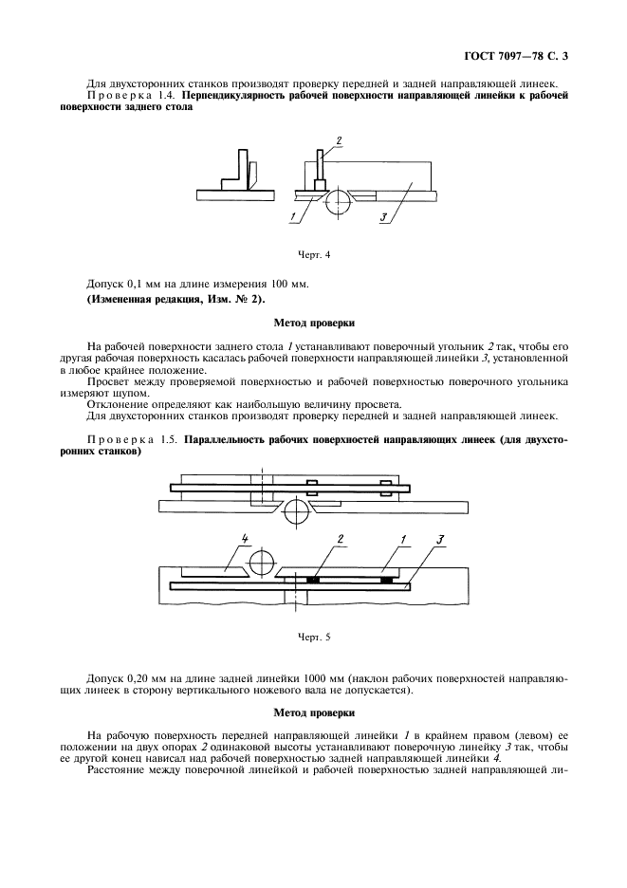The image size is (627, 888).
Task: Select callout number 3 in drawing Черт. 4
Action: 385,216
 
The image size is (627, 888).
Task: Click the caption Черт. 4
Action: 313,254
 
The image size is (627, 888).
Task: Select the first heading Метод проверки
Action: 313,324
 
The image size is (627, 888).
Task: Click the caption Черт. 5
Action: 313,637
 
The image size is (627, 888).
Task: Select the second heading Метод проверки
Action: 313,712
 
